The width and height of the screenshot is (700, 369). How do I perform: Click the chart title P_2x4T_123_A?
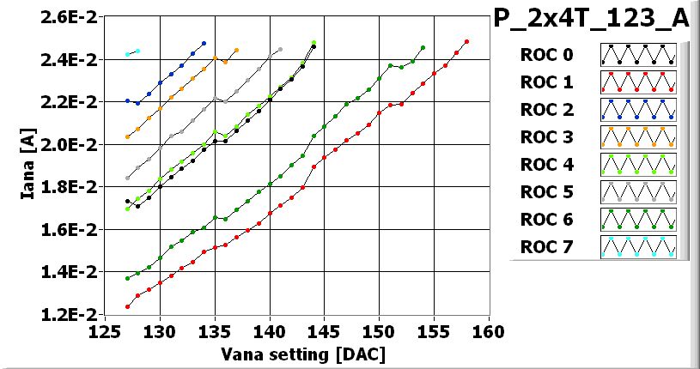pos(592,19)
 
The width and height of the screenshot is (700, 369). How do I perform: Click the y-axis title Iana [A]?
pos(29,164)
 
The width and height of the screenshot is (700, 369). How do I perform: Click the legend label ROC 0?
pos(546,56)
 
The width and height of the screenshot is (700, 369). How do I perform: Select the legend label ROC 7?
pos(546,248)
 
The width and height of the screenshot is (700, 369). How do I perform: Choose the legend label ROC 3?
pos(546,138)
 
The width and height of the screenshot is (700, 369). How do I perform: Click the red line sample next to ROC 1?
pos(638,82)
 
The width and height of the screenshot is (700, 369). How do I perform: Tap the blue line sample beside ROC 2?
pos(638,110)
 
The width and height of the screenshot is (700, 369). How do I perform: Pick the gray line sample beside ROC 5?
pos(638,192)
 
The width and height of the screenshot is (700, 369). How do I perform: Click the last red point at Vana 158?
pos(466,41)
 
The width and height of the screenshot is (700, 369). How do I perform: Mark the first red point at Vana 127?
pos(127,306)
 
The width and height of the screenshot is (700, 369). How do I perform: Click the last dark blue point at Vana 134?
pos(204,43)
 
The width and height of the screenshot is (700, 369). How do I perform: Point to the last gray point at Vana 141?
pos(281,50)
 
